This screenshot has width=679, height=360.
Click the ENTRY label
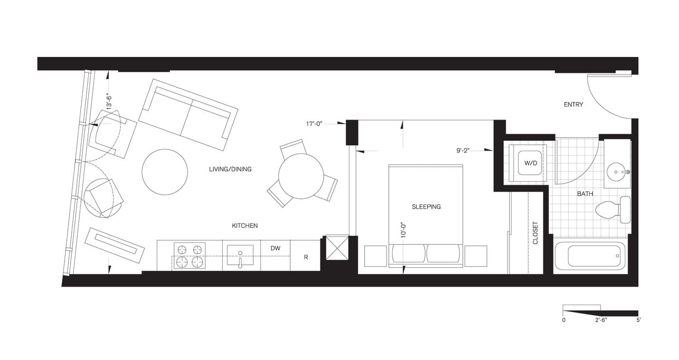(x=573, y=105)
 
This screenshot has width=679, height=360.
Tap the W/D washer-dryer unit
(x=528, y=163)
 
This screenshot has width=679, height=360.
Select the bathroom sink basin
(x=617, y=172)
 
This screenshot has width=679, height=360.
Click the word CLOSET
(x=535, y=233)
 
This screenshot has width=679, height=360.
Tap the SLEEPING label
(x=426, y=207)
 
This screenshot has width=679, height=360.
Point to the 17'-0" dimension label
(x=317, y=124)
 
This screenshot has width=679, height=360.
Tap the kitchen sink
(x=240, y=255)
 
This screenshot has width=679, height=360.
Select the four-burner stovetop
(x=189, y=255)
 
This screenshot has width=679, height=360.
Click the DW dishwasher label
(x=275, y=248)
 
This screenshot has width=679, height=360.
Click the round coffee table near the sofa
(x=165, y=172)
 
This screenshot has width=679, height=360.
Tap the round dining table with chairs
(x=301, y=176)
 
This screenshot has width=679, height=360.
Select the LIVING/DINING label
(x=230, y=169)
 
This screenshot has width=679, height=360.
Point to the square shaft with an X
(x=337, y=247)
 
